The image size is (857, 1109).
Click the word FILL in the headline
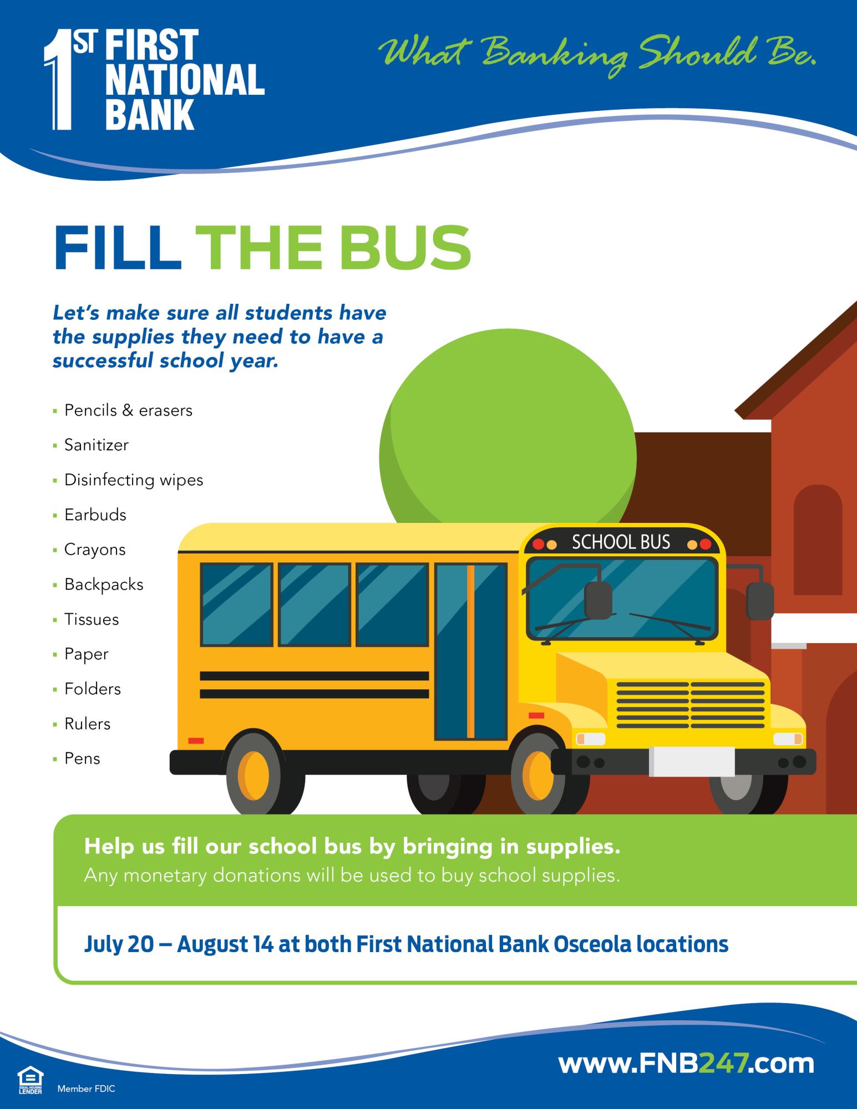coord(118,248)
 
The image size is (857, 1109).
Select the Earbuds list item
coord(95,515)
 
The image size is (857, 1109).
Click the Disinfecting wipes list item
coord(133,480)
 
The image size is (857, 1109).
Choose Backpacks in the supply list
coord(104,585)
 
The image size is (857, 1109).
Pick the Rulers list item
coord(87,724)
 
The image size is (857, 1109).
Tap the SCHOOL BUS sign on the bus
coord(621,542)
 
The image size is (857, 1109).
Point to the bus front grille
coord(690,705)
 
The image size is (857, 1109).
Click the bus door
coord(471,652)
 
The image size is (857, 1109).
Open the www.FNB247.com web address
coord(686,1064)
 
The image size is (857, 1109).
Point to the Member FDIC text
coord(86,1089)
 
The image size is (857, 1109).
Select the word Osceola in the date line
coord(592,944)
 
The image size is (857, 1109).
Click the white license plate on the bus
coord(692,761)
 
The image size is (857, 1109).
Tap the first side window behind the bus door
coord(392,604)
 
